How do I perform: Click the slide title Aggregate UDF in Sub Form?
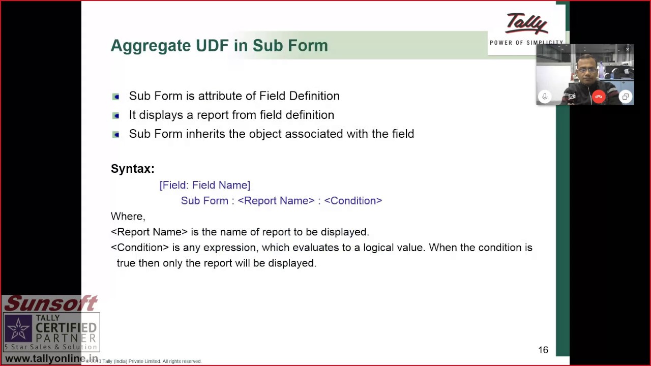pos(219,46)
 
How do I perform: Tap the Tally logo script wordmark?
pos(526,24)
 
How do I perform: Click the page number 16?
pos(543,350)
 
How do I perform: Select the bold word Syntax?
pos(133,169)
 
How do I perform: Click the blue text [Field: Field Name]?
pos(205,185)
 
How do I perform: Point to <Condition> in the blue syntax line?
pos(353,201)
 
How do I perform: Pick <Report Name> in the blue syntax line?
pos(276,201)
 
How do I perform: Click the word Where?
pos(128,217)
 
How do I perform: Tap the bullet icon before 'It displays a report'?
pos(116,115)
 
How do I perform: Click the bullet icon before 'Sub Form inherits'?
pos(116,134)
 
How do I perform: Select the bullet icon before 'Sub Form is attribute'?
pos(116,97)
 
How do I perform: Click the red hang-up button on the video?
pos(599,97)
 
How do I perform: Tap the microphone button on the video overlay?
pos(545,97)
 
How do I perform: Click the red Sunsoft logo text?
pos(51,303)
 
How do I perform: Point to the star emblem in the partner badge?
pos(18,329)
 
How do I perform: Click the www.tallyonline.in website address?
pos(51,359)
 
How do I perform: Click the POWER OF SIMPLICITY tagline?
pos(526,43)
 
